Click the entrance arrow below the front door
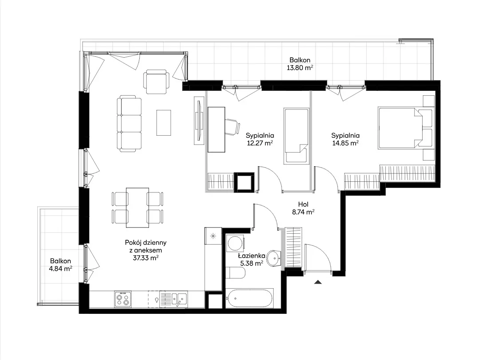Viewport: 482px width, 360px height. [318, 282]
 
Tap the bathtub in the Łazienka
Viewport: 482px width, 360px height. [249, 298]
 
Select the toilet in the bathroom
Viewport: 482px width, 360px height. [236, 273]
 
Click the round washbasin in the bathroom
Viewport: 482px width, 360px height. [274, 258]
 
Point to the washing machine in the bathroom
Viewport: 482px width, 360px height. [235, 243]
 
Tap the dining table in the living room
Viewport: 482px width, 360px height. [137, 208]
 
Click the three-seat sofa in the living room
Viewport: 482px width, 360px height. [129, 124]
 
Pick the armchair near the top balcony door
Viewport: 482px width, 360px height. [156, 82]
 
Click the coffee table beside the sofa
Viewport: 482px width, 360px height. [164, 123]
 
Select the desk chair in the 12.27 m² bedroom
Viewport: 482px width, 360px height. [233, 127]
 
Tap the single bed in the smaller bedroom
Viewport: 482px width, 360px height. [296, 136]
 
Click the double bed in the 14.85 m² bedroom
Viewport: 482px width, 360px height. [405, 128]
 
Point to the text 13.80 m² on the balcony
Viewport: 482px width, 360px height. [300, 68]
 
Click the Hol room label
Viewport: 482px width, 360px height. [303, 204]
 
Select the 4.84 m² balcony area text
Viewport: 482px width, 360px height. [61, 269]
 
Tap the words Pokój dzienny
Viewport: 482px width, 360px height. [146, 243]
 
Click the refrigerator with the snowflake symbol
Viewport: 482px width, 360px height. [213, 236]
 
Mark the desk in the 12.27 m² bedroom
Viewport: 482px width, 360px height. [216, 129]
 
